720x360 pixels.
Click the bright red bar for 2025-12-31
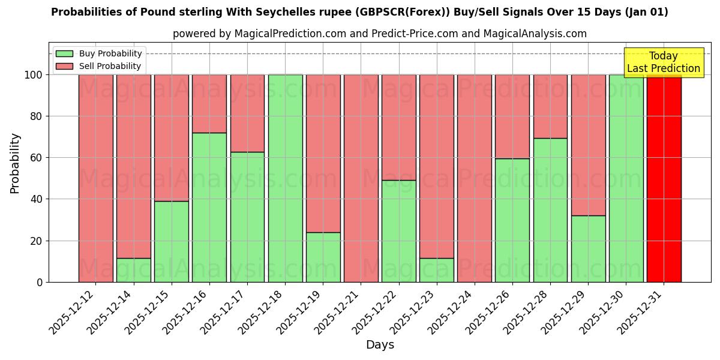[x=664, y=178]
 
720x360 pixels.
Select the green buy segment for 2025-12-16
[x=209, y=207]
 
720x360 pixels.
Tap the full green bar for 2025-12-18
[x=285, y=178]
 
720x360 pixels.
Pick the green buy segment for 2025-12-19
[x=323, y=257]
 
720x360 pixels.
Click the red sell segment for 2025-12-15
[x=172, y=137]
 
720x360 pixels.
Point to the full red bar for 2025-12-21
[x=361, y=178]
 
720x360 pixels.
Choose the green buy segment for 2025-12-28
[x=550, y=210]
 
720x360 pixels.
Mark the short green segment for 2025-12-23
[x=437, y=270]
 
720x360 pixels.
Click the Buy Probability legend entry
[x=99, y=54]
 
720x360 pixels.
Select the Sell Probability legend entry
[x=99, y=66]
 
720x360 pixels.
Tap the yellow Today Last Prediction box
[x=664, y=62]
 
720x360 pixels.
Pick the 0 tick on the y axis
[x=40, y=282]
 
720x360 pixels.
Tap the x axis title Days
[x=380, y=345]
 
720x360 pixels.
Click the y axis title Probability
[x=15, y=163]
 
